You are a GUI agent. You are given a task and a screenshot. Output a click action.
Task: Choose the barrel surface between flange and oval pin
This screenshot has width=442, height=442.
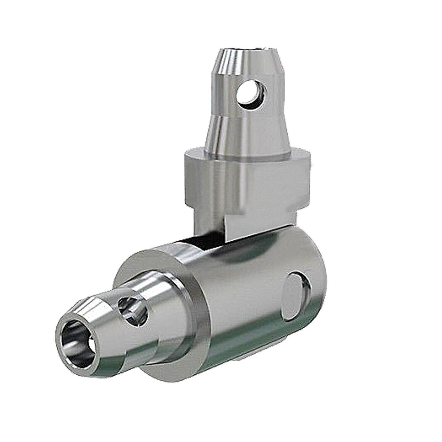tap(243, 304)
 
